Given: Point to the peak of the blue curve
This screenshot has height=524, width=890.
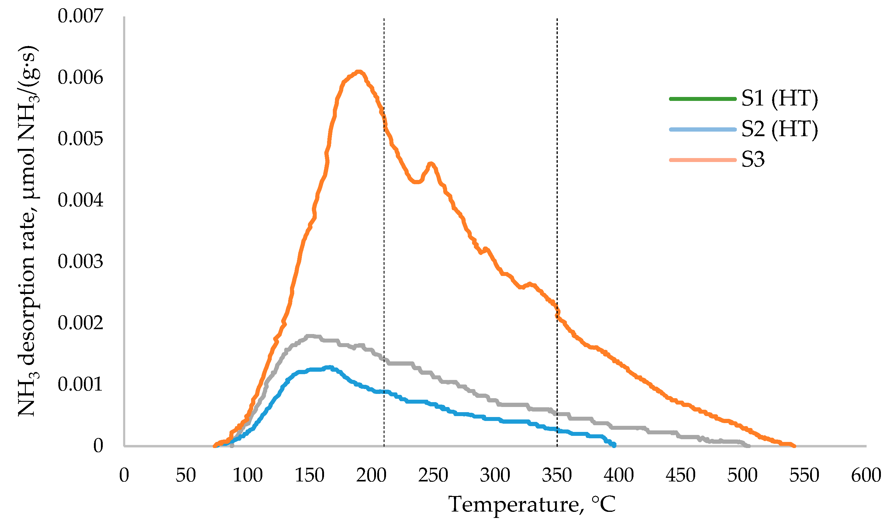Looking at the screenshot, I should (x=329, y=367).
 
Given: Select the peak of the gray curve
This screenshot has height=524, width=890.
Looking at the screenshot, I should (x=310, y=336).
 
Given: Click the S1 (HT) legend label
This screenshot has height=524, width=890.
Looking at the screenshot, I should (x=779, y=98).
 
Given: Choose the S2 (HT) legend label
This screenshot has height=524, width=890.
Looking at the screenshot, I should (x=779, y=129).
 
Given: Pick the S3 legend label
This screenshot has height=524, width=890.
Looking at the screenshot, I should (x=753, y=160).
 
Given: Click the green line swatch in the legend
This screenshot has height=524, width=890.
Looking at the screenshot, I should (x=702, y=99).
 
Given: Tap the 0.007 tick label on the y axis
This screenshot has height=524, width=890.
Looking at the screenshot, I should (x=81, y=16).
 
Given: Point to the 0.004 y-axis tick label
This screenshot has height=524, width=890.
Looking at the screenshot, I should (x=81, y=200).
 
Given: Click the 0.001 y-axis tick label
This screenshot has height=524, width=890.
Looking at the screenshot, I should (x=81, y=384).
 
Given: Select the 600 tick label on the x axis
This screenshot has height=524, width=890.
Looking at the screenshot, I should (x=866, y=475).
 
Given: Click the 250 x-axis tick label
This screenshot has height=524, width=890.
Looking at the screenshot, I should (x=433, y=475).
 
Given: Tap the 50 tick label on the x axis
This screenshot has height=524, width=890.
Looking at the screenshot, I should (x=186, y=475).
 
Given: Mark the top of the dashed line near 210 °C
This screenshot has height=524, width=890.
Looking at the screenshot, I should (x=384, y=19).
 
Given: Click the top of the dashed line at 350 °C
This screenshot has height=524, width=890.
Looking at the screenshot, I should (x=557, y=19).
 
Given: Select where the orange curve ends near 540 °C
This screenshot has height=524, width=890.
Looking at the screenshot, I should (x=794, y=446).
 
